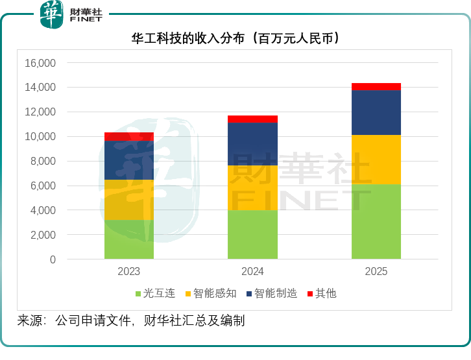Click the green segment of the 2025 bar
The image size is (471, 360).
[x=376, y=222]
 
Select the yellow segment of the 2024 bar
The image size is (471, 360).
[x=252, y=188]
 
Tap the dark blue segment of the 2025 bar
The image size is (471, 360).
[x=376, y=113]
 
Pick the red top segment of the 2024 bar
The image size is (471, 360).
[x=252, y=119]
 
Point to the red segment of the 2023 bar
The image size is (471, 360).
[x=129, y=136]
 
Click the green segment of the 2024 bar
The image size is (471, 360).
[x=252, y=235]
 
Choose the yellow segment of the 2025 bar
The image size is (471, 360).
[x=376, y=160]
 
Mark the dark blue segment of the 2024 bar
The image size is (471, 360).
[x=252, y=144]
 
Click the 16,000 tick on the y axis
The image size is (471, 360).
[x=40, y=63]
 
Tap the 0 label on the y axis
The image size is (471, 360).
[x=53, y=259]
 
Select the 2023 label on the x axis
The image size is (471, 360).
[x=129, y=272]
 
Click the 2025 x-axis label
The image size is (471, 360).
[x=376, y=272]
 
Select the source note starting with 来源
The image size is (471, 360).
[x=130, y=320]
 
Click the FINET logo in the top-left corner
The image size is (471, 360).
[x=71, y=14]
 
